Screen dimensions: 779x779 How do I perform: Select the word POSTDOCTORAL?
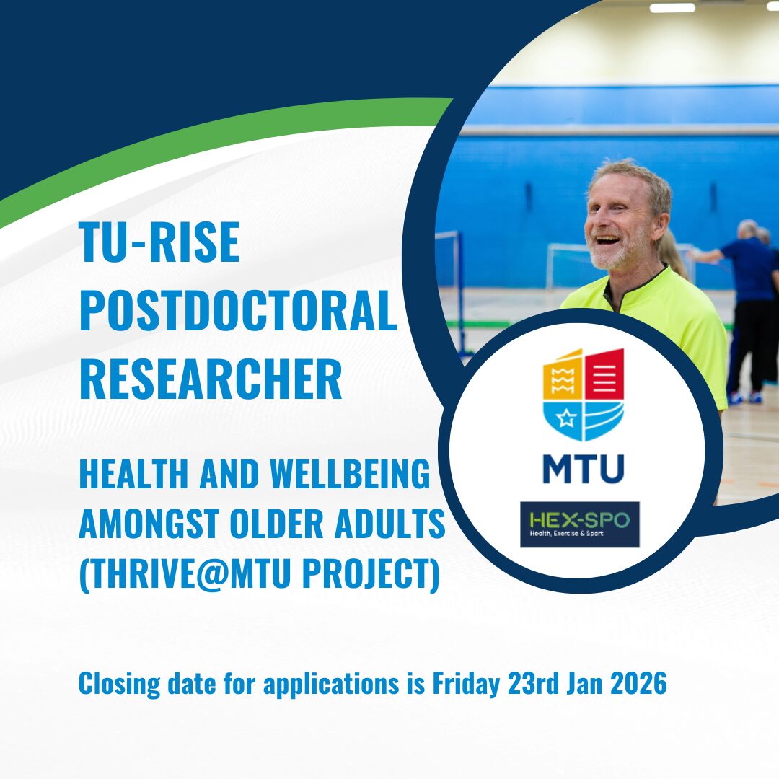click(238, 311)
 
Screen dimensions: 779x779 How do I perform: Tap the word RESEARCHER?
click(211, 379)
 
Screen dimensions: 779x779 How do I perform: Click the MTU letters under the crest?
click(584, 468)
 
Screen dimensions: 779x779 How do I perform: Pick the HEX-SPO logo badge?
click(579, 524)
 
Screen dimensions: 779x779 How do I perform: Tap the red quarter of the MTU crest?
click(604, 374)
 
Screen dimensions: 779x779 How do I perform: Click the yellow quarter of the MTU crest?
click(563, 377)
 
